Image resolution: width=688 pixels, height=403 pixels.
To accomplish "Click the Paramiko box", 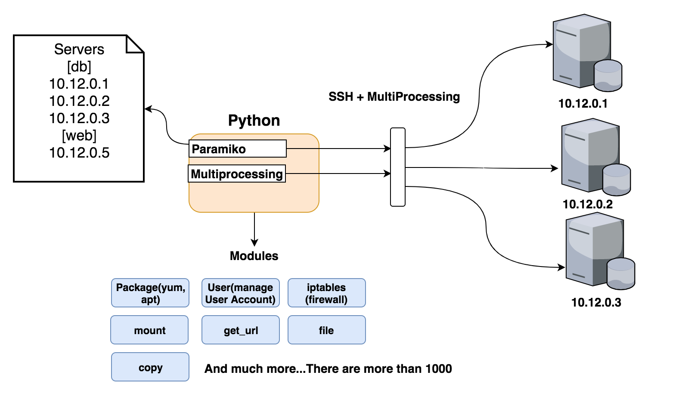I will pos(237,149).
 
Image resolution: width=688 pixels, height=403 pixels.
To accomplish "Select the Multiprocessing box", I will pos(237,174).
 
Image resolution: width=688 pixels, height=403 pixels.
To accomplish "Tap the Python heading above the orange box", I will pos(254,121).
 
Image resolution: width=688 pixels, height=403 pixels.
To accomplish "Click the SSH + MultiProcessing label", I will pos(394,96).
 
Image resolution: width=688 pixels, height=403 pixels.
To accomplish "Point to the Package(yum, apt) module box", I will pos(150,293).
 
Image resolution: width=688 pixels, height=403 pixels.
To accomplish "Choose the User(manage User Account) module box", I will pos(240,293).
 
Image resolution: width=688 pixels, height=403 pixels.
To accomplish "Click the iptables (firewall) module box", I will pos(326,293).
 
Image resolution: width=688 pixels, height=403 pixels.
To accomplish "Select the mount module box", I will pos(149,330).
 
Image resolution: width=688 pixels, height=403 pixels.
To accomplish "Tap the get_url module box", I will pos(240,330).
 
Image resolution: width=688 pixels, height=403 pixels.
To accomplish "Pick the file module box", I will pos(326,330).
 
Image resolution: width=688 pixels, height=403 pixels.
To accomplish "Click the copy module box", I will pos(150,367).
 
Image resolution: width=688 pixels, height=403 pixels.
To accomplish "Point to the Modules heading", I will pos(254,256).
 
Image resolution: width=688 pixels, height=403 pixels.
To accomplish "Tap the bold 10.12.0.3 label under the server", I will pos(596,302).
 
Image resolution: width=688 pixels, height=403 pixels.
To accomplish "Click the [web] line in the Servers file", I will pos(79,136).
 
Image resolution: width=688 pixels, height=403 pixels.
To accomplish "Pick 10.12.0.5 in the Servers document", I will pos(79,153).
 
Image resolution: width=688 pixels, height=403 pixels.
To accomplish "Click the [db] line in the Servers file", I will pos(79,67).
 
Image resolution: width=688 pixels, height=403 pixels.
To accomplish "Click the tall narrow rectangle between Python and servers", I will pos(398,167).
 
